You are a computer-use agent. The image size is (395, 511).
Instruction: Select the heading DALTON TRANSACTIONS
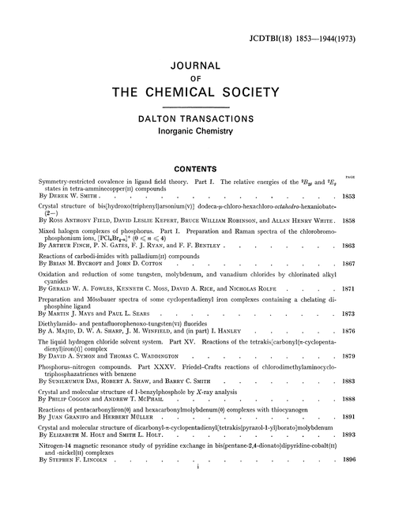(x=197, y=117)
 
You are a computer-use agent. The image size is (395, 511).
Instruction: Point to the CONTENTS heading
(x=197, y=167)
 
